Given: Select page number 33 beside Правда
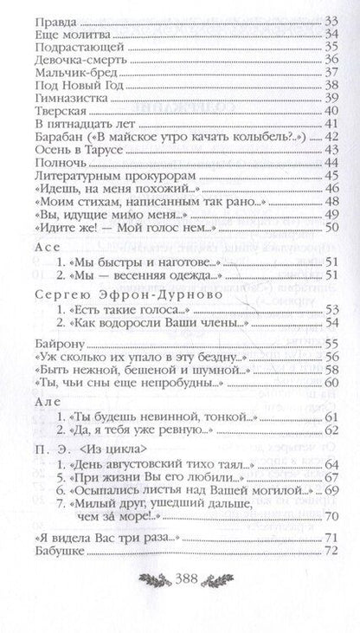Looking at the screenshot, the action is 330,20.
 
